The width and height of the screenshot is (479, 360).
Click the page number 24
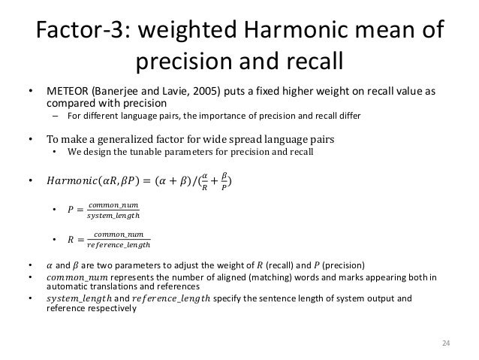coord(445,344)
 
